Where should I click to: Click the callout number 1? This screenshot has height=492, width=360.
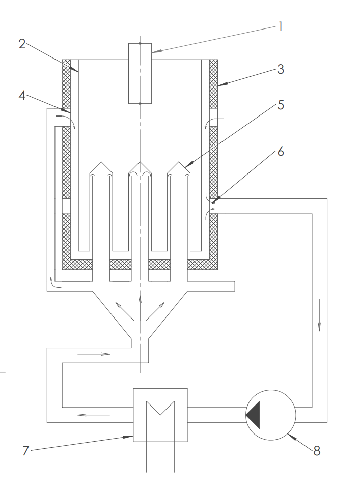281,26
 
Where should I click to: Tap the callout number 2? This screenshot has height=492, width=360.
22,44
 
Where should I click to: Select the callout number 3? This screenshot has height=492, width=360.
281,69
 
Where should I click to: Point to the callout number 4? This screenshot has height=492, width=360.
22,95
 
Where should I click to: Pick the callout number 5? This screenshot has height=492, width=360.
281,105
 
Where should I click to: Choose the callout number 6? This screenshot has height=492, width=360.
281,152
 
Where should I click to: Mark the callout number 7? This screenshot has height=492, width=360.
26,451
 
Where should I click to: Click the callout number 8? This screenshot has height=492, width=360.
317,451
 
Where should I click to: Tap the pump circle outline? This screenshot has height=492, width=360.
271,390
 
